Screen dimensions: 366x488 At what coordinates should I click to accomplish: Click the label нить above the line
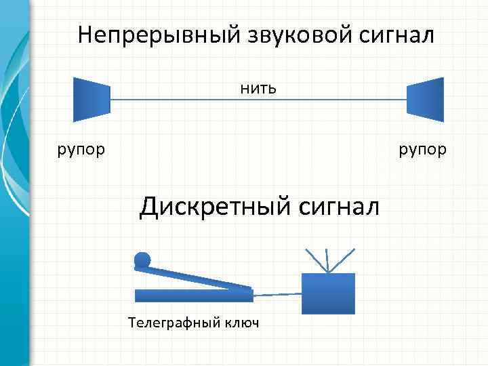[x=258, y=88]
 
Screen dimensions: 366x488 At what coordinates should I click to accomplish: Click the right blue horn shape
[x=425, y=99]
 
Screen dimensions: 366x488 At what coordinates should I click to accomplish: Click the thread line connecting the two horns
[x=258, y=100]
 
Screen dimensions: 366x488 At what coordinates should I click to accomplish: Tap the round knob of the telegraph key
[x=142, y=260]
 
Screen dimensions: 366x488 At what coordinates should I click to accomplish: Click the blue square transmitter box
[x=328, y=293]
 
